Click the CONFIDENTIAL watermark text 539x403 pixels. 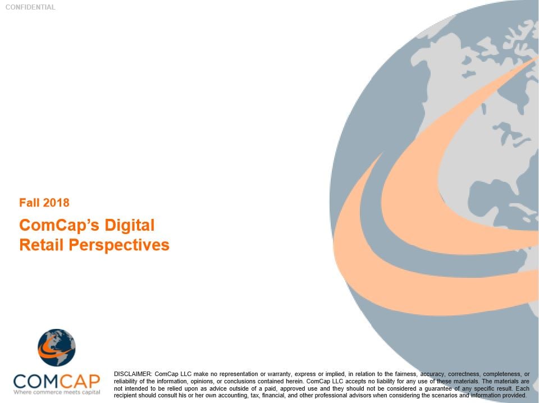coord(30,7)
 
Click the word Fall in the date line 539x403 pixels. coord(29,203)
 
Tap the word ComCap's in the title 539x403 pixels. coord(59,226)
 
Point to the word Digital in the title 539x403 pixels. coord(130,226)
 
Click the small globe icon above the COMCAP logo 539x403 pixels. coord(56,347)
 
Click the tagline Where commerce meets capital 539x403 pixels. coord(57,392)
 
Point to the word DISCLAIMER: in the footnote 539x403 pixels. coord(133,374)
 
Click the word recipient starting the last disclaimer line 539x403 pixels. coord(125,396)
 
